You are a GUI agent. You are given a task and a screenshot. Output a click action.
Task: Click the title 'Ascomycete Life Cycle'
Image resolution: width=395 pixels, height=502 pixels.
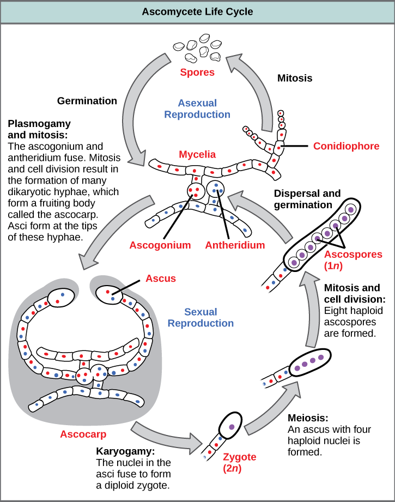click(x=197, y=11)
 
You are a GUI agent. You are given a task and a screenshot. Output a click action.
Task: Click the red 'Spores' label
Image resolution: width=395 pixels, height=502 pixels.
click(x=197, y=72)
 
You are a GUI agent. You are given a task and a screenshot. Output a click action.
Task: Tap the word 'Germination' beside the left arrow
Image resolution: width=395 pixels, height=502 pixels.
click(x=87, y=101)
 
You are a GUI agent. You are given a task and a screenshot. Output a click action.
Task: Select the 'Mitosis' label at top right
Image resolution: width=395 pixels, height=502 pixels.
click(x=295, y=78)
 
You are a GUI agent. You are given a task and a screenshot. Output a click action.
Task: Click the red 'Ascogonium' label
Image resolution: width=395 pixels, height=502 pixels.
click(x=160, y=245)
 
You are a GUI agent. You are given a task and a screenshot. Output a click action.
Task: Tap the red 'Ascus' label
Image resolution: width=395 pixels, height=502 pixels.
click(x=161, y=279)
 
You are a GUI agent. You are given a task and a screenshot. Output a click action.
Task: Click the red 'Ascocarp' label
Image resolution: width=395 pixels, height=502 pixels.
click(x=83, y=434)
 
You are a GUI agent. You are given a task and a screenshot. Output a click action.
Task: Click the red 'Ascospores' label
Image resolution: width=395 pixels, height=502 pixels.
click(x=349, y=255)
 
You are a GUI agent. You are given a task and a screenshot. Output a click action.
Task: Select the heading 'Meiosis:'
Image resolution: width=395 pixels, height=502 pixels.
click(x=307, y=419)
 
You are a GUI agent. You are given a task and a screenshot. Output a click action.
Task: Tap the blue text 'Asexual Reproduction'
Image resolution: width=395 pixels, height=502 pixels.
click(x=197, y=108)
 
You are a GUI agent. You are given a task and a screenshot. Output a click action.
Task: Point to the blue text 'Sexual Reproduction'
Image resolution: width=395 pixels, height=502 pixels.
click(x=200, y=318)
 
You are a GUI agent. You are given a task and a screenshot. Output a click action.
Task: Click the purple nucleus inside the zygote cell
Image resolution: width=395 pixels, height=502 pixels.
click(x=232, y=427)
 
